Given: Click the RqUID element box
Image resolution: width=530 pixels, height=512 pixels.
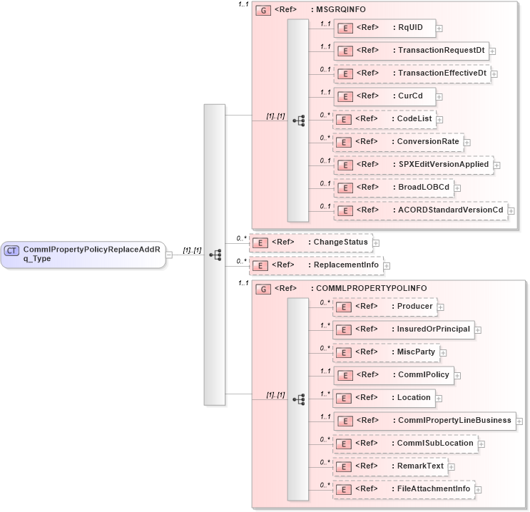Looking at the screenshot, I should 384,28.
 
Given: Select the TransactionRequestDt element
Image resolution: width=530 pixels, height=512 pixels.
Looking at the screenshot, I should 411,51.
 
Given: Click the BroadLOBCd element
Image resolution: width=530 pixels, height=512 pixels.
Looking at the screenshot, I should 397,187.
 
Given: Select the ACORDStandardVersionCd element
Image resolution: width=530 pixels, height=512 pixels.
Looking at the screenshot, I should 420,210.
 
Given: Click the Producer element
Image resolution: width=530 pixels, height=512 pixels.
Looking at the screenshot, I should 384,307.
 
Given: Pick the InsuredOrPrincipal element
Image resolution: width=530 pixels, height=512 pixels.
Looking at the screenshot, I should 403,329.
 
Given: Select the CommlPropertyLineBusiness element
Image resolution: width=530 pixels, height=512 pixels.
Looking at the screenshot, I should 424,421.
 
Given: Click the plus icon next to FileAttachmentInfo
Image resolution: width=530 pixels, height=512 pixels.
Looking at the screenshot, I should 479,489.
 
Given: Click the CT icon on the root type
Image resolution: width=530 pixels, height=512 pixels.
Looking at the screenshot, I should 11,250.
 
